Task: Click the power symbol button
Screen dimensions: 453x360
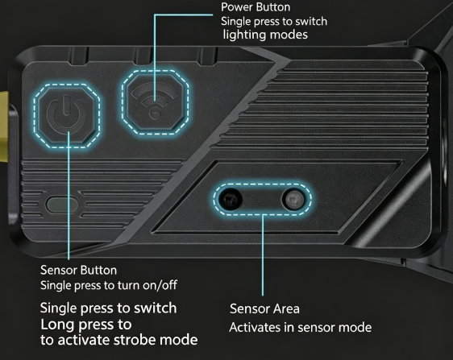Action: click(x=67, y=116)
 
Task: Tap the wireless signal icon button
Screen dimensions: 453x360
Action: click(x=156, y=102)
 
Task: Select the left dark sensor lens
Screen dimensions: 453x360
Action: click(x=231, y=199)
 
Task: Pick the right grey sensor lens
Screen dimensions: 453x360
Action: click(x=293, y=200)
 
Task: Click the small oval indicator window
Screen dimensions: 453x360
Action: click(x=62, y=205)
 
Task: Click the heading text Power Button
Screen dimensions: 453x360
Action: click(x=256, y=7)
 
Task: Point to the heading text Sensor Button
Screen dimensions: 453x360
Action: click(x=78, y=271)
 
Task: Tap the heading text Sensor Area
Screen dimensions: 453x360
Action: click(x=264, y=308)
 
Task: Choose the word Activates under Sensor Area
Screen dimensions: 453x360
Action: click(x=255, y=327)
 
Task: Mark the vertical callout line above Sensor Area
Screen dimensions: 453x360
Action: click(x=263, y=255)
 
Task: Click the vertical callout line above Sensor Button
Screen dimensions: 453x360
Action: click(x=69, y=196)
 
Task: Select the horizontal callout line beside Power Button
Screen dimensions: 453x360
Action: click(x=184, y=14)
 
